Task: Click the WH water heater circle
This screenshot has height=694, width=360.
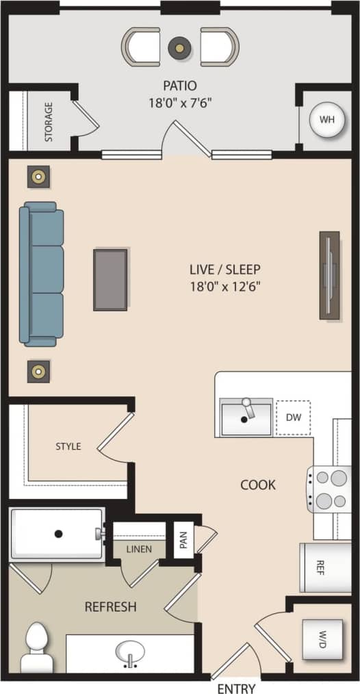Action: [x=327, y=120]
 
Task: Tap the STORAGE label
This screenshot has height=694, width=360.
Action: [x=49, y=122]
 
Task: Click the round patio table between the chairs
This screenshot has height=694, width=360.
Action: [x=180, y=47]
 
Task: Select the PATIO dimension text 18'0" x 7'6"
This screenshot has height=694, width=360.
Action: [x=180, y=103]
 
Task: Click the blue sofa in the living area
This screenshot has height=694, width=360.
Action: [x=42, y=274]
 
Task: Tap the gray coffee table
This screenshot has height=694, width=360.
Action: [x=110, y=280]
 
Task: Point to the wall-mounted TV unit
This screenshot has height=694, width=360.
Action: [x=329, y=275]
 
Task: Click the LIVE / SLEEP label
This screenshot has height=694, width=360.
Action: [x=226, y=269]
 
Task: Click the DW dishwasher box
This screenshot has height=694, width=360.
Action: [x=294, y=417]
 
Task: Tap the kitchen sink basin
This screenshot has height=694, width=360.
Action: [x=246, y=418]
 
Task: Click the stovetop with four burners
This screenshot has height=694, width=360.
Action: [x=329, y=489]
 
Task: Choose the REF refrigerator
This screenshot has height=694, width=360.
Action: [x=325, y=567]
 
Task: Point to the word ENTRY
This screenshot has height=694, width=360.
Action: [x=236, y=688]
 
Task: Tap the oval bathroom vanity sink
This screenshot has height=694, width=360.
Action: [x=129, y=651]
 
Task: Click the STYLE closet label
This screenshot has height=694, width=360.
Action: [x=68, y=446]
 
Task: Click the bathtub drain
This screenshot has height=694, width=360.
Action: [x=59, y=533]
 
